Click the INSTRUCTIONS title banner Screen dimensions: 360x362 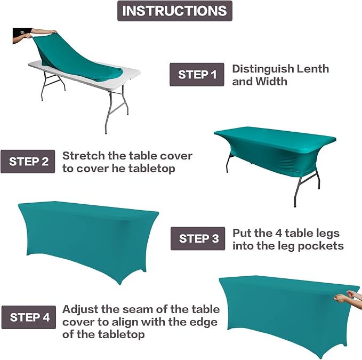(x=174, y=11)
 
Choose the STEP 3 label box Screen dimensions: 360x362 (x=198, y=238)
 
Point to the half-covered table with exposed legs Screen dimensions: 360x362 (x=274, y=155)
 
